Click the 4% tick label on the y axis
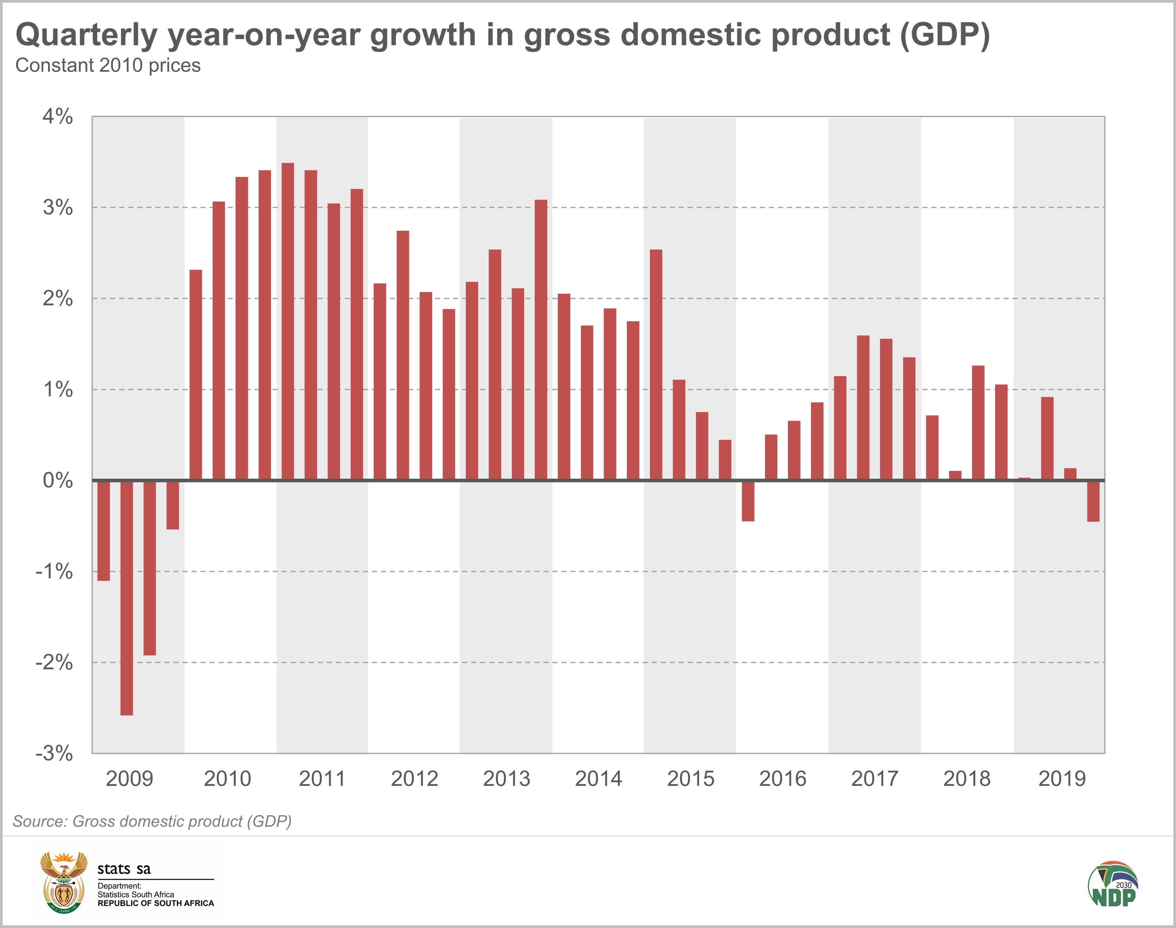(58, 117)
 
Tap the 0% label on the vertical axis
(58, 480)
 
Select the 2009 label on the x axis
(129, 779)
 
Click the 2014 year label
(599, 779)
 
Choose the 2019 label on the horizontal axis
(1062, 779)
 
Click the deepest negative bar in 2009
(127, 598)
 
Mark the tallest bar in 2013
(541, 340)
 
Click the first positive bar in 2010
(196, 375)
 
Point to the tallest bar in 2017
(863, 407)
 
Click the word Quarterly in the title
(87, 35)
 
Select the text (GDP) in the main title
(944, 35)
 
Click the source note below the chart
(152, 821)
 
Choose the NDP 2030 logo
(1113, 883)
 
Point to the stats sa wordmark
(124, 869)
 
